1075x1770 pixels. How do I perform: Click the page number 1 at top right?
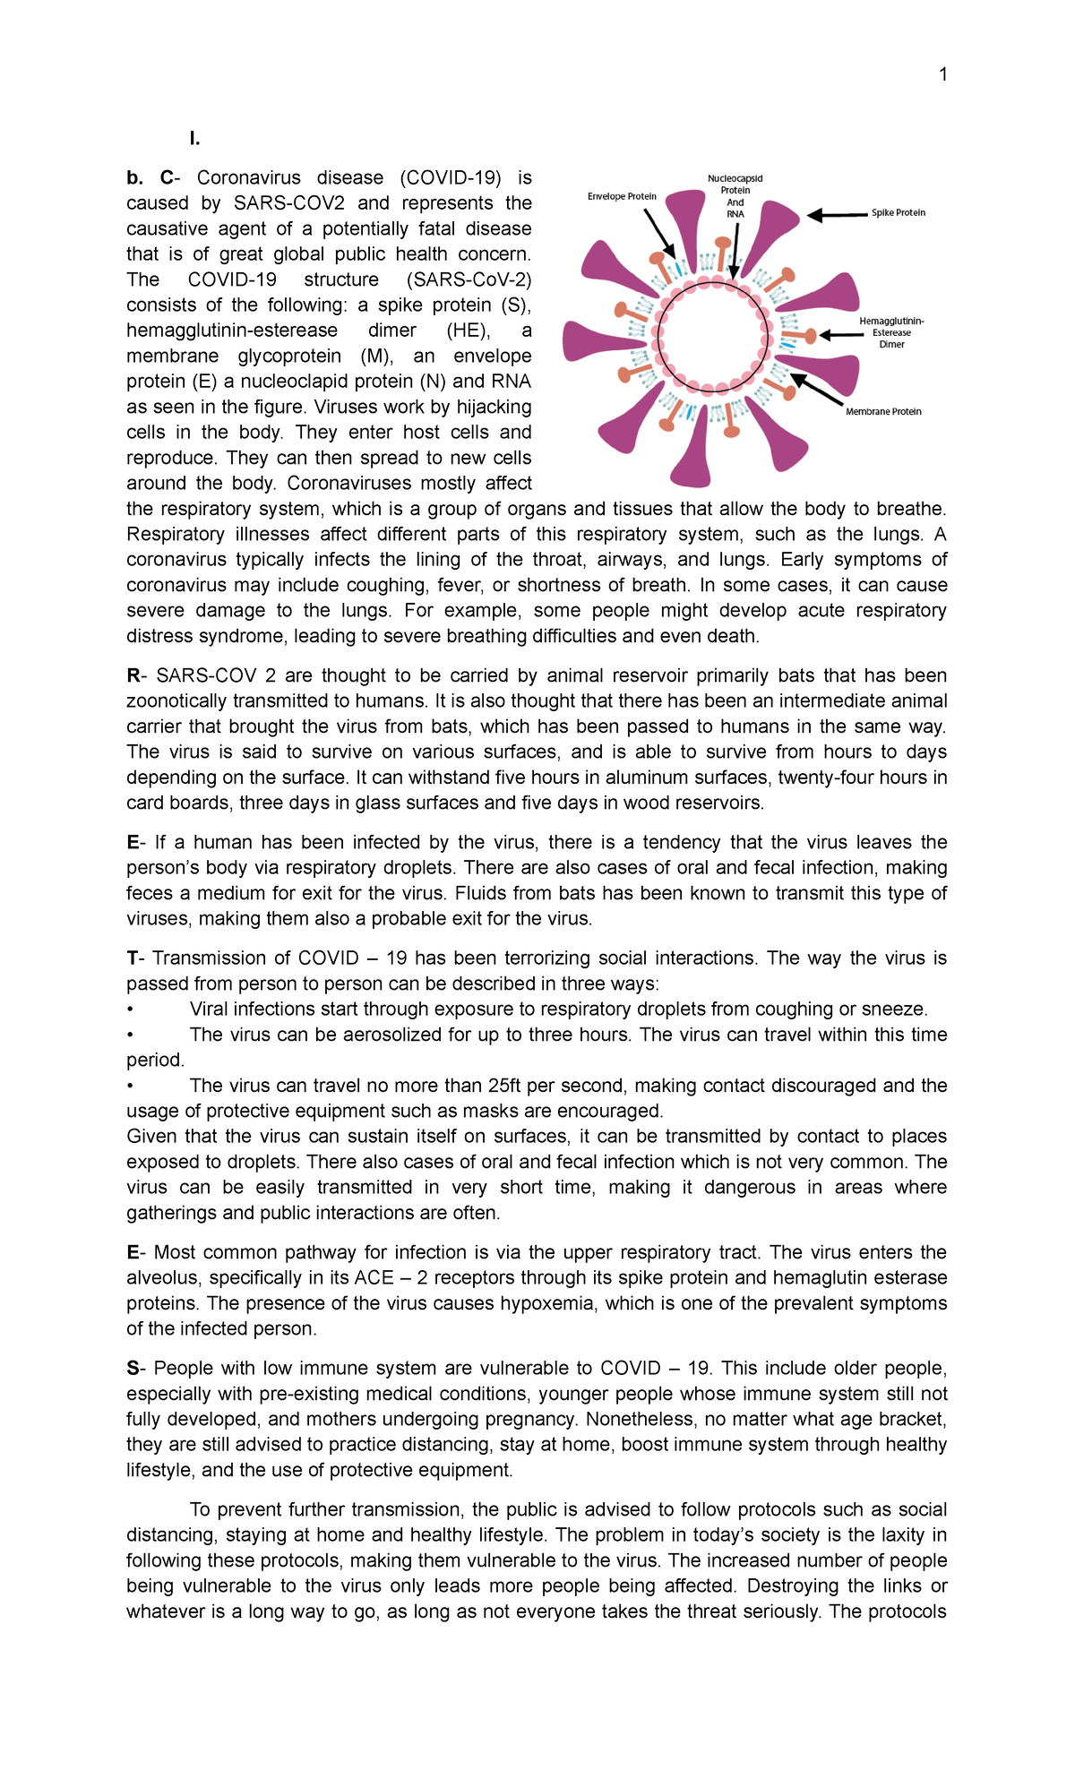click(x=942, y=74)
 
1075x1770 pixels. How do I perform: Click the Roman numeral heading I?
click(x=194, y=138)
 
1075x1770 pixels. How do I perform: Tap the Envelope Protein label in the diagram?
click(x=622, y=196)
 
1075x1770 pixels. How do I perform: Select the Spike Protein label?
click(x=898, y=213)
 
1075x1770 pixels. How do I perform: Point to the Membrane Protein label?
click(x=883, y=412)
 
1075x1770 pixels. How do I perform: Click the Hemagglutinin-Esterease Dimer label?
click(x=891, y=332)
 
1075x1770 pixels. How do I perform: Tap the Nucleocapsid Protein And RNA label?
click(x=735, y=196)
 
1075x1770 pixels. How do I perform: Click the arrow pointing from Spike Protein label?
click(x=838, y=215)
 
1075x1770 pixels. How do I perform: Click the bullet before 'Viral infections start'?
click(x=131, y=1010)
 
